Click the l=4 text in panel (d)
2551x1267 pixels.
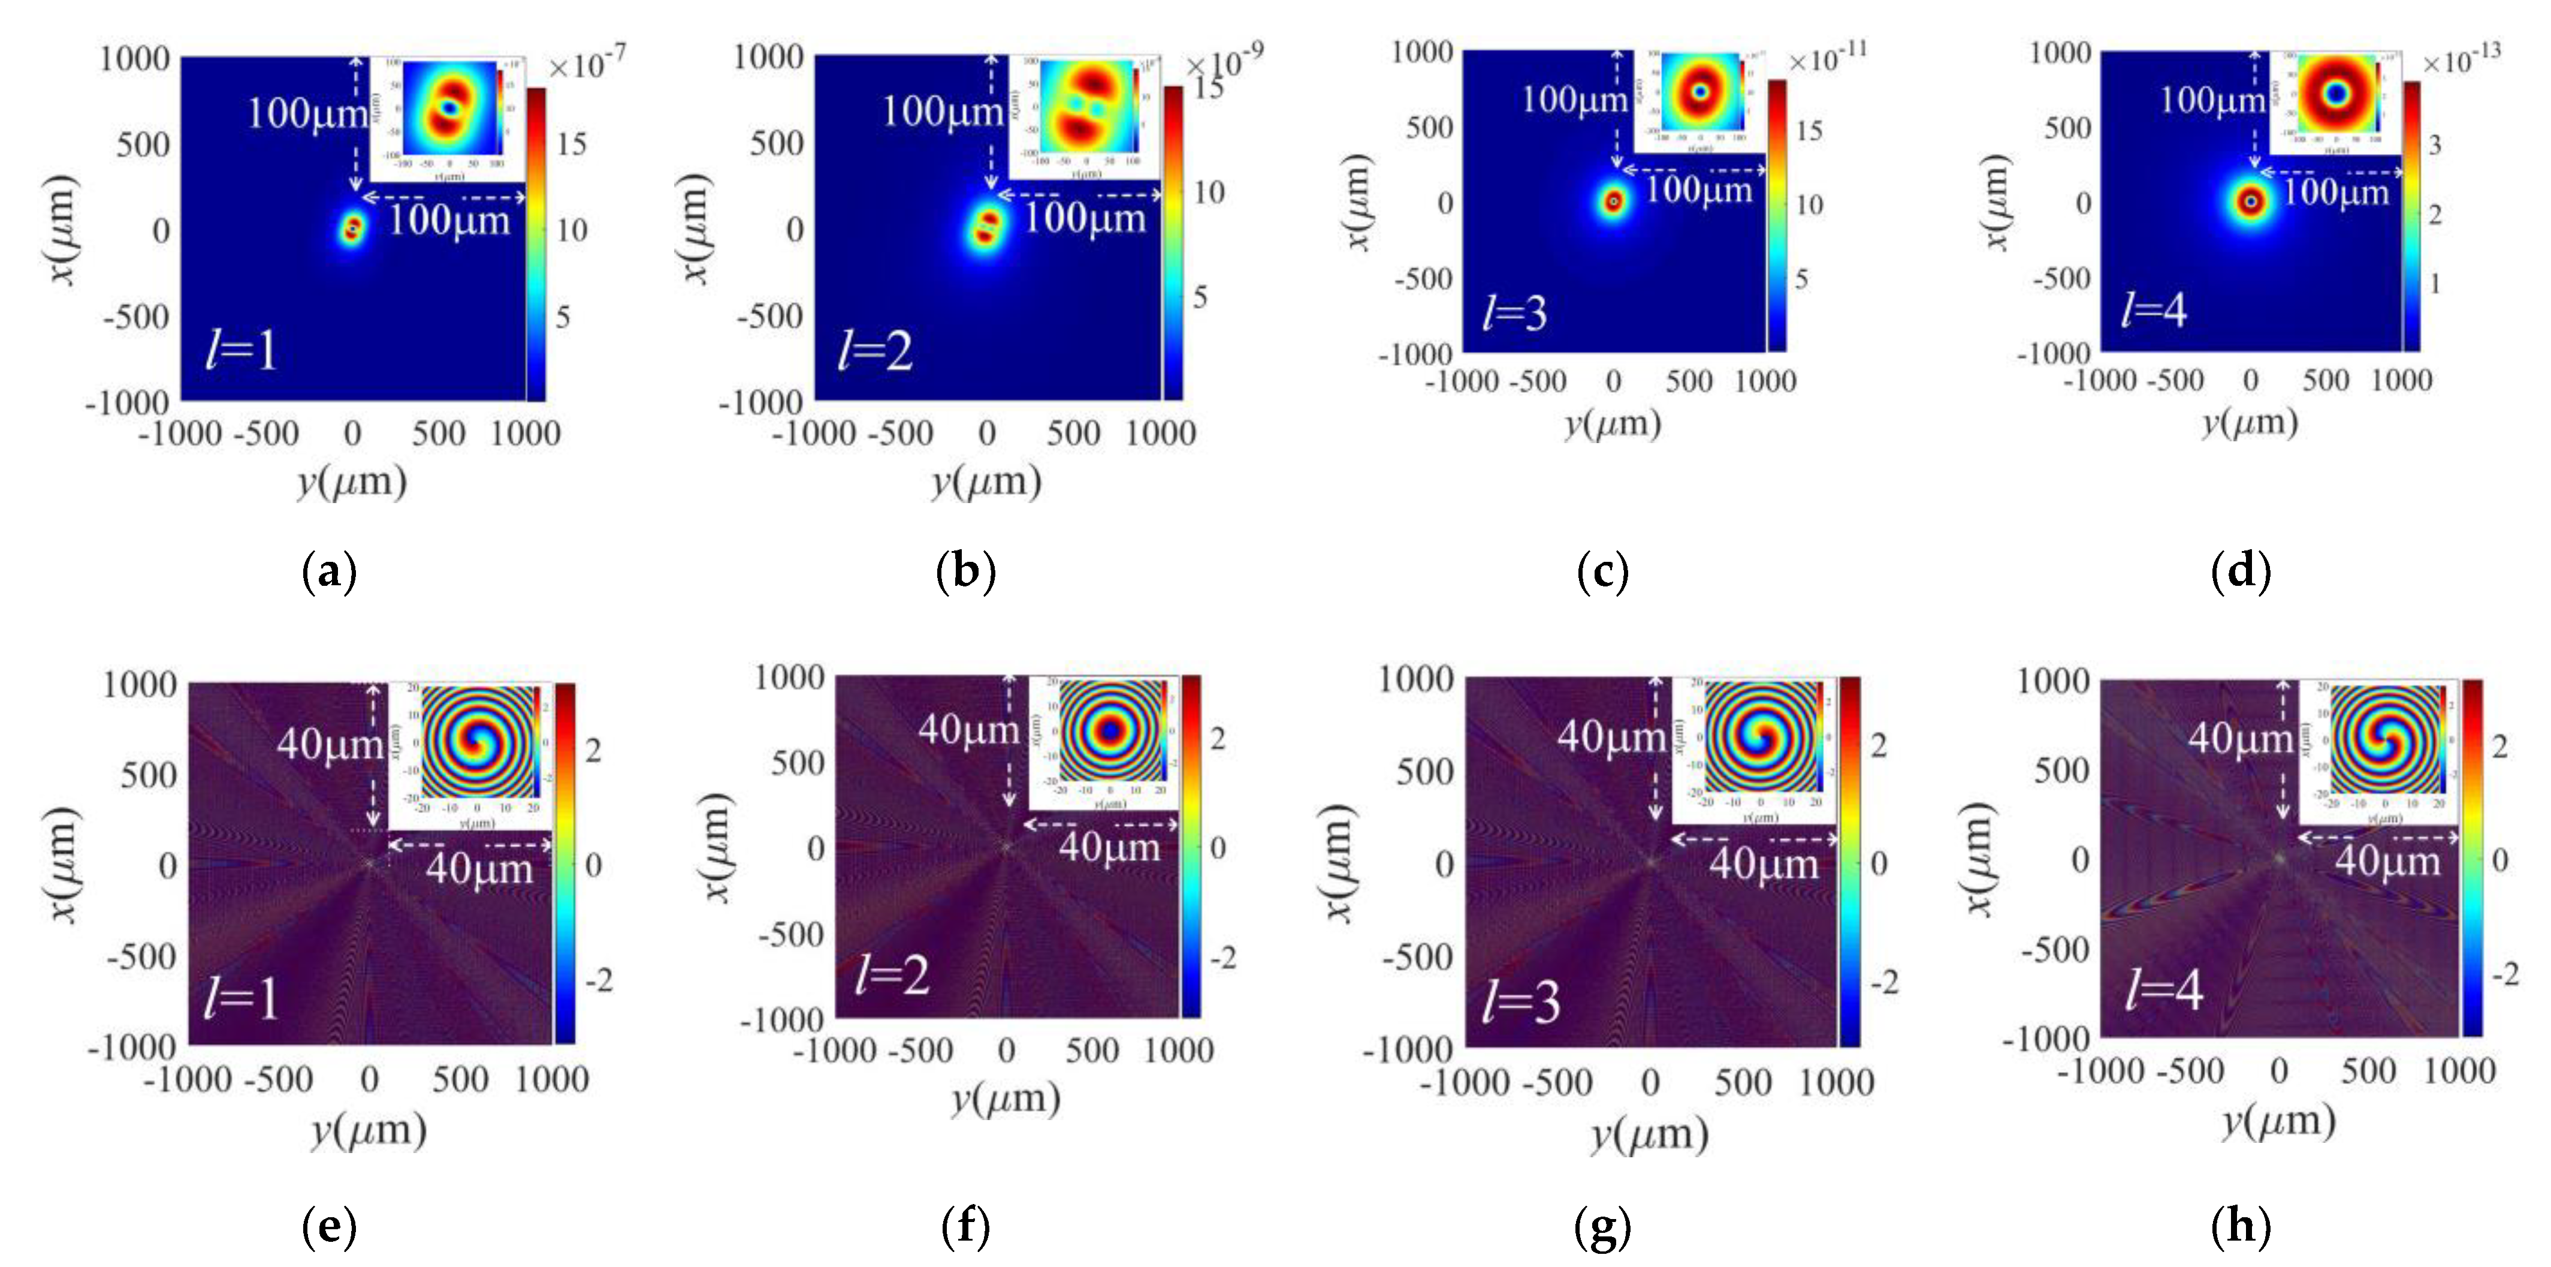(x=2154, y=310)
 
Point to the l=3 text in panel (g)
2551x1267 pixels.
(x=1520, y=1003)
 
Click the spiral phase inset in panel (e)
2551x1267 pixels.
(x=478, y=743)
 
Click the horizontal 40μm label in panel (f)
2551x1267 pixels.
(x=1109, y=847)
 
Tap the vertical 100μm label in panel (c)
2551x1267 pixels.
(x=1574, y=99)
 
